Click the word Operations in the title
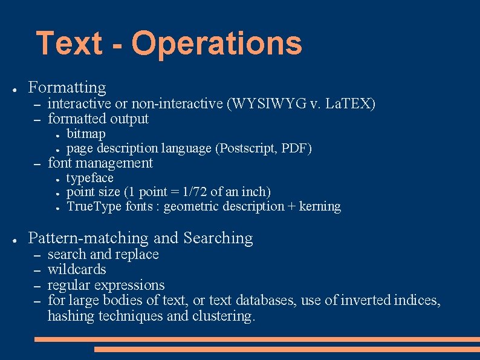tap(216, 44)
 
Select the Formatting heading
tap(67, 88)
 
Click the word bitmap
tap(86, 133)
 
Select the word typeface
tap(89, 178)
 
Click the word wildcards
tap(77, 269)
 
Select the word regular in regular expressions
tap(68, 285)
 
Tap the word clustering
tap(224, 316)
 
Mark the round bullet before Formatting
tap(13, 89)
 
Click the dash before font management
tap(37, 163)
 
